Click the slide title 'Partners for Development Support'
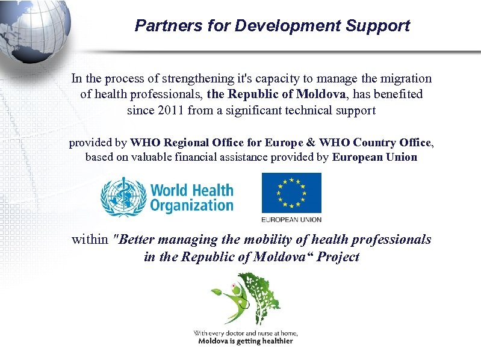click(272, 26)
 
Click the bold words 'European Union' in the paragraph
click(374, 158)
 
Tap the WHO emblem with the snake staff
click(123, 197)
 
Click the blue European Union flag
click(291, 193)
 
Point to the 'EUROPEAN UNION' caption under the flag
click(291, 219)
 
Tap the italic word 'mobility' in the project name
click(267, 240)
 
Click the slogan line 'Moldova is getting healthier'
click(246, 341)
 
